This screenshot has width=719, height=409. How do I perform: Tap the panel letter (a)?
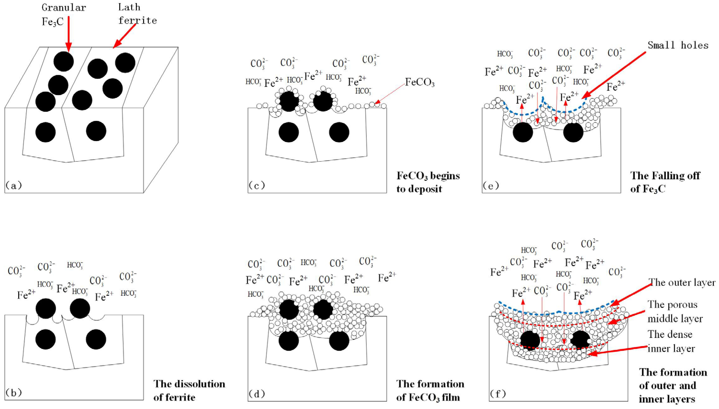pyautogui.click(x=13, y=185)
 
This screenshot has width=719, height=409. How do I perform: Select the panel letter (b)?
pyautogui.click(x=13, y=392)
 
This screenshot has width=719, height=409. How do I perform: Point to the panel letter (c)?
pyautogui.click(x=256, y=185)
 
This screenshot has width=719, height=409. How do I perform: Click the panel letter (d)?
pyautogui.click(x=256, y=394)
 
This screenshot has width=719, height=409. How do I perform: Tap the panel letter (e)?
pyautogui.click(x=491, y=185)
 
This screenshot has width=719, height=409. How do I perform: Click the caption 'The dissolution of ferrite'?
pyautogui.click(x=189, y=391)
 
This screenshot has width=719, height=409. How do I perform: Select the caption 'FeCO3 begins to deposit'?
pyautogui.click(x=428, y=182)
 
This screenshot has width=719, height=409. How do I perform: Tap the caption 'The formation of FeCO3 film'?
pyautogui.click(x=430, y=391)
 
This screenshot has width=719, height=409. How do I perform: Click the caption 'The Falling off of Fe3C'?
pyautogui.click(x=665, y=182)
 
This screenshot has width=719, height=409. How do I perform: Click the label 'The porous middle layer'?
pyautogui.click(x=675, y=312)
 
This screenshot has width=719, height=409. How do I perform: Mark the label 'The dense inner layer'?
pyautogui.click(x=671, y=341)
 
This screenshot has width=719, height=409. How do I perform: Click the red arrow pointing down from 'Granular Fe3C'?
pyautogui.click(x=68, y=34)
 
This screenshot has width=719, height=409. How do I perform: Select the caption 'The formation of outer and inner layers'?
pyautogui.click(x=673, y=385)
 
